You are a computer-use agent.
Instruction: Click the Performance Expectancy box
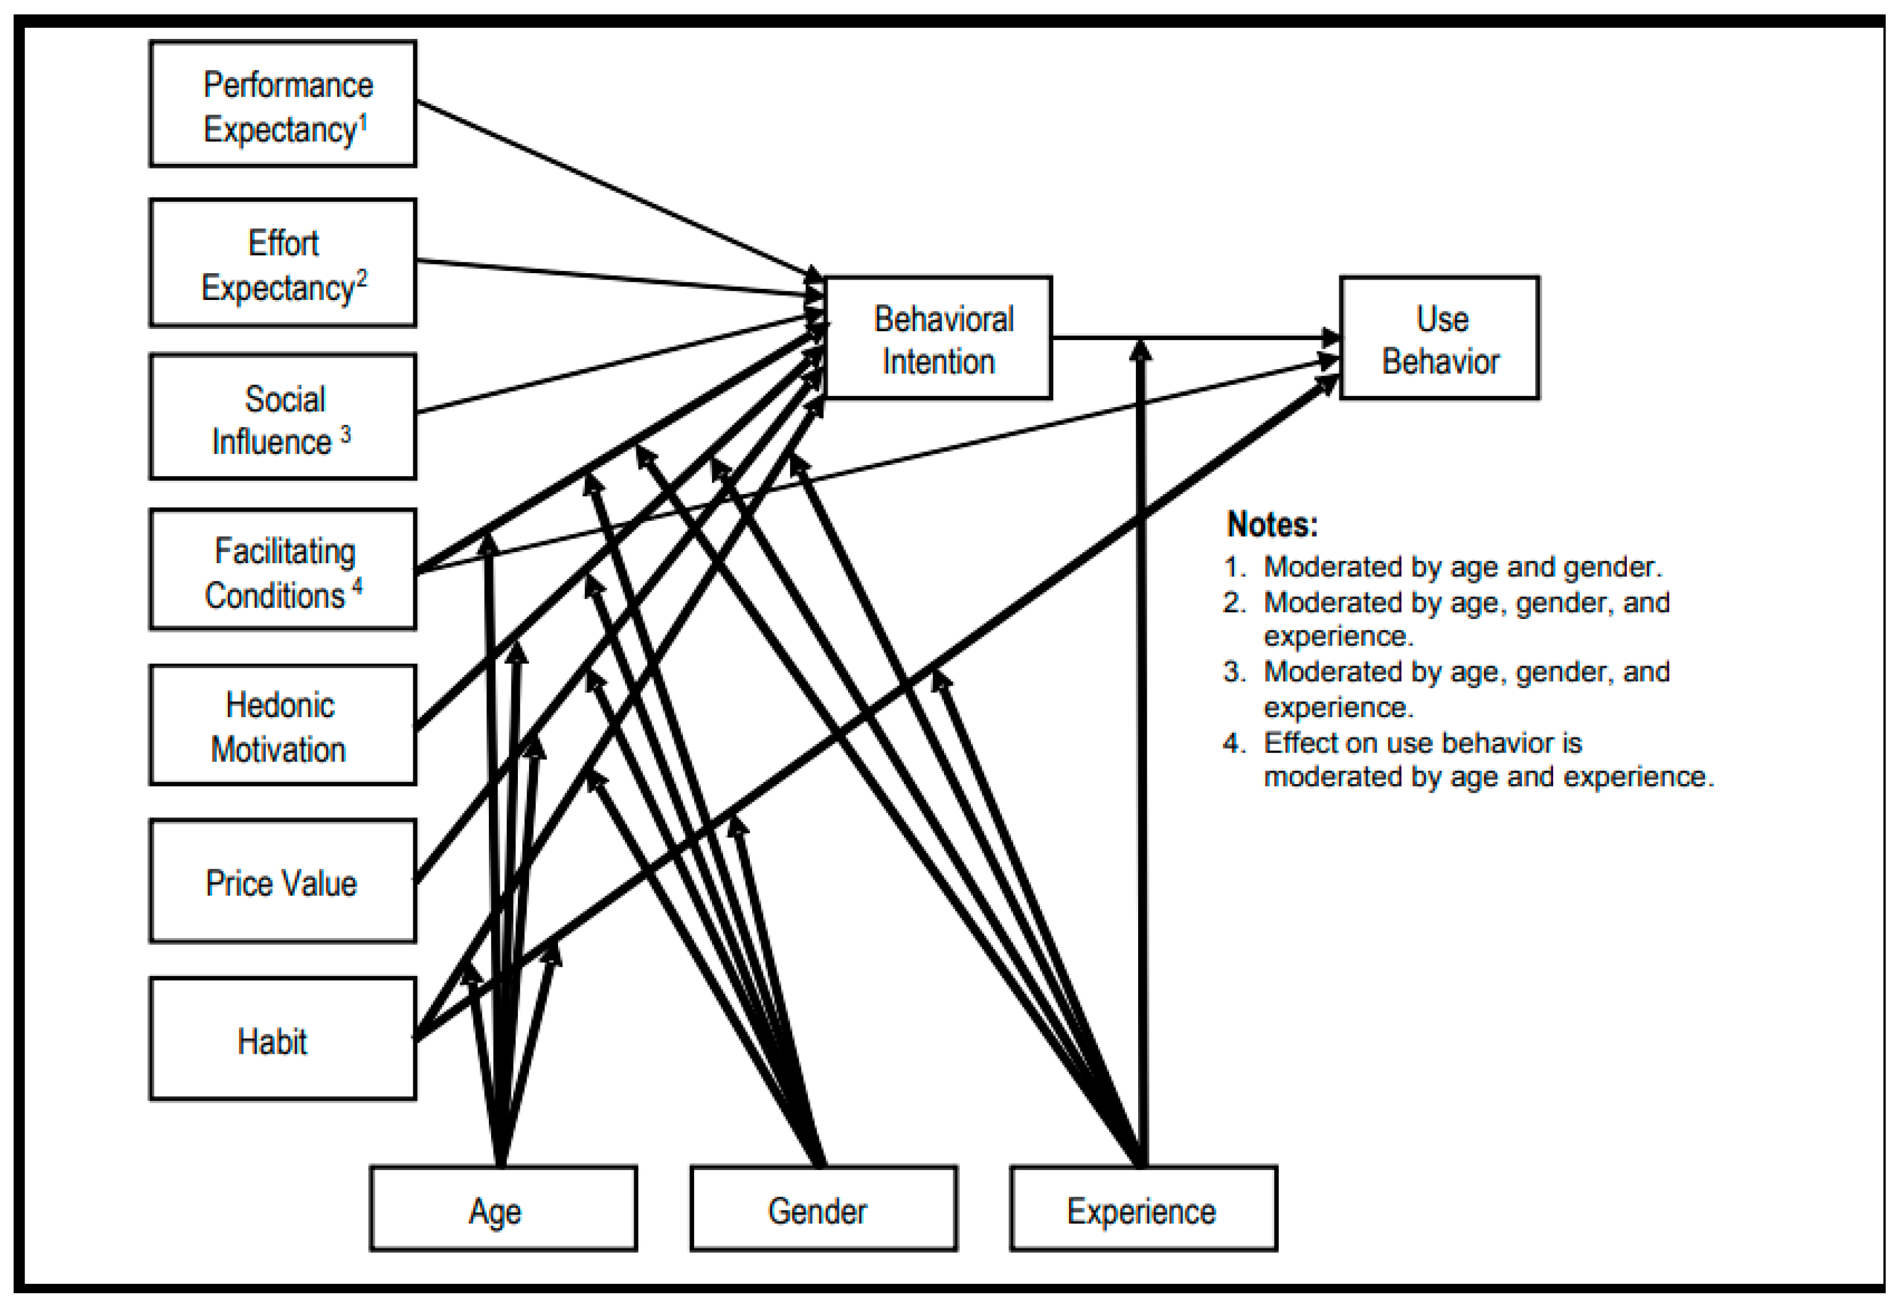click(x=283, y=104)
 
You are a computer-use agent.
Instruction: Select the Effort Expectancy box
click(x=283, y=263)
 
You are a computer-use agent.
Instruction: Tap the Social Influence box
click(x=283, y=417)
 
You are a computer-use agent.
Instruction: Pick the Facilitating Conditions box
click(x=283, y=570)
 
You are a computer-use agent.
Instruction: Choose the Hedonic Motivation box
click(x=283, y=725)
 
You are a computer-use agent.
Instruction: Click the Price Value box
click(x=283, y=881)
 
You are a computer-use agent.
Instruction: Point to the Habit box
click(x=283, y=1039)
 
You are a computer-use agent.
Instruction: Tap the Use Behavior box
click(x=1439, y=338)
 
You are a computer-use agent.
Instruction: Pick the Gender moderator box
click(x=823, y=1208)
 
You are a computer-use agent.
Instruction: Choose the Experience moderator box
click(x=1143, y=1208)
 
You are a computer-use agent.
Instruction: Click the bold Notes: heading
click(x=1272, y=524)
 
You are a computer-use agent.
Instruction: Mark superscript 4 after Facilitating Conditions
click(x=357, y=586)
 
